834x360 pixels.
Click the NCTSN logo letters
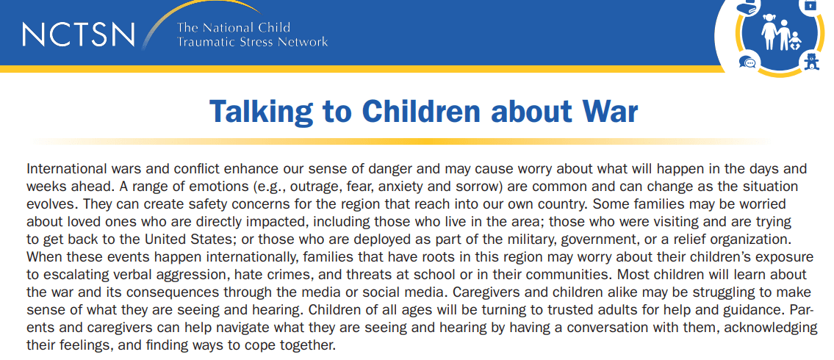click(79, 34)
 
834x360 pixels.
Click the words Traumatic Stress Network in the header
click(252, 42)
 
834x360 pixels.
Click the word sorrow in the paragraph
click(447, 187)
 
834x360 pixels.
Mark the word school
click(401, 275)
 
